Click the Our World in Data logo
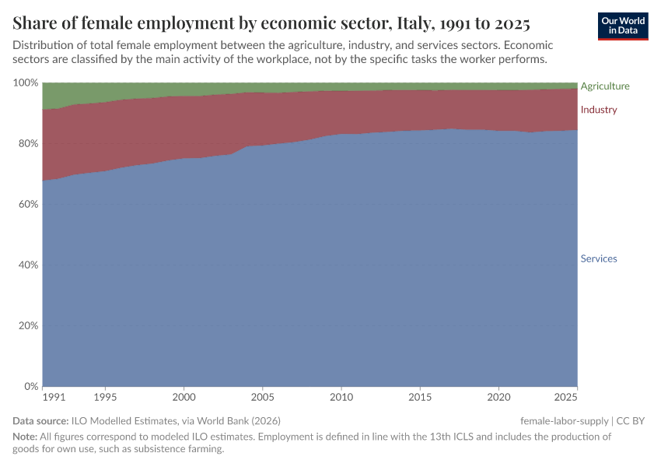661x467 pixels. [x=623, y=26]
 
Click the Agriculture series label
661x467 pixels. [x=605, y=86]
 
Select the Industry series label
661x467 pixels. [x=599, y=110]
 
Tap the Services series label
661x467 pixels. [x=599, y=258]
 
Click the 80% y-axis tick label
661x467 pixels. [x=28, y=143]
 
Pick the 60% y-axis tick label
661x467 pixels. [x=28, y=204]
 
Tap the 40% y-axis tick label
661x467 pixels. [x=28, y=265]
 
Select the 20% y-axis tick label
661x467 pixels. [x=28, y=325]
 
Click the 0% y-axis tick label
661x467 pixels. [x=31, y=386]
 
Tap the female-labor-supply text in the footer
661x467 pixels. [x=565, y=421]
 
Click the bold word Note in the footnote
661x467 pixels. [x=25, y=437]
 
